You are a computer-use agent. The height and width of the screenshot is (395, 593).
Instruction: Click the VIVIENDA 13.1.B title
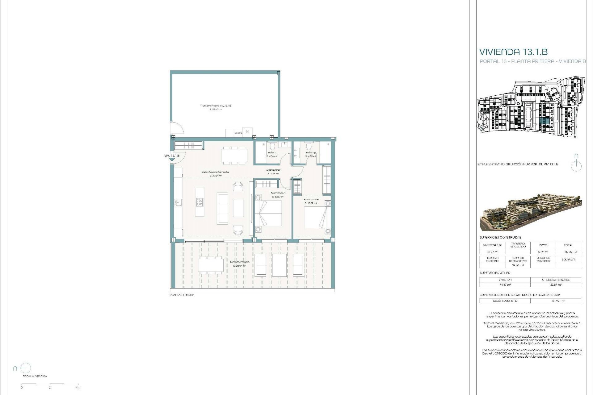pos(513,52)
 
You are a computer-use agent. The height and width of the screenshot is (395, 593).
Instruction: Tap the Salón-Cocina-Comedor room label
pos(215,172)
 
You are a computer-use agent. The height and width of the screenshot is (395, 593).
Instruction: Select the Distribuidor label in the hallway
pos(273,170)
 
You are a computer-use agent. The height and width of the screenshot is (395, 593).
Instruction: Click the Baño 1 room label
pos(271,153)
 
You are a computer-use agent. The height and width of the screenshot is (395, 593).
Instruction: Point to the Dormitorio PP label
pos(311,200)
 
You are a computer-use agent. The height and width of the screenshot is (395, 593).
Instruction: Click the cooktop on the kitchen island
pos(200,202)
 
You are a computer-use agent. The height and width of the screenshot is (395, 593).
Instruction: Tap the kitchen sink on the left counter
pos(178,202)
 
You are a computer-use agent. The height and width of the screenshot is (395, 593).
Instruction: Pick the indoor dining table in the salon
pos(234,155)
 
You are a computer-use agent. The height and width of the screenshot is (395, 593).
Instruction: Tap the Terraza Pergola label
pos(239,262)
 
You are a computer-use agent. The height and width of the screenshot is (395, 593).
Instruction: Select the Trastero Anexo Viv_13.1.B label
pos(216,106)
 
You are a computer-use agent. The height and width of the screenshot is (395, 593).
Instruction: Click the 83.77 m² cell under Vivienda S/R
pos(492,252)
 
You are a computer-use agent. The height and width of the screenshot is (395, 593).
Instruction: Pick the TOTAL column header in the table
pos(568,245)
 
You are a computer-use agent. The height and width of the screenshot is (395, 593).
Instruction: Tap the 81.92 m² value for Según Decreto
pos(555,301)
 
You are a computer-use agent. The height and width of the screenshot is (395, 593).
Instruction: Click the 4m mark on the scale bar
pos(78,388)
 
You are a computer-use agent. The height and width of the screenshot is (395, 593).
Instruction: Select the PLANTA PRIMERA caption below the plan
pos(182,295)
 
